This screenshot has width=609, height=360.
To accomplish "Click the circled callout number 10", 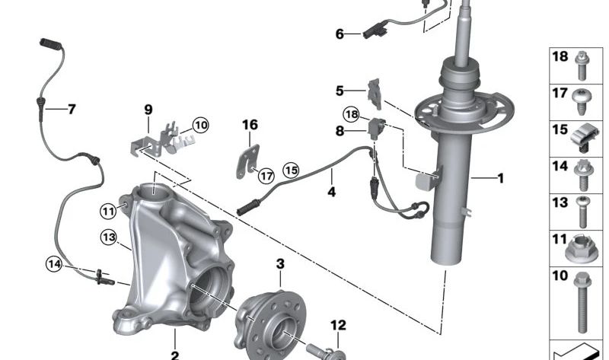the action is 200,126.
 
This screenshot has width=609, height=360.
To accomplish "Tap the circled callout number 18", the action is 351,115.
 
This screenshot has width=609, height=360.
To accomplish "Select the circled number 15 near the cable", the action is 291,170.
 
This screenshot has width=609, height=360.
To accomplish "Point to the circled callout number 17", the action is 266,176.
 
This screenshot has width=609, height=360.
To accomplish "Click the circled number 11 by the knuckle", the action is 108,212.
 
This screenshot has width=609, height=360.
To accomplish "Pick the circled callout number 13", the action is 108,237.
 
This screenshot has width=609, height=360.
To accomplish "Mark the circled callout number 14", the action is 53,264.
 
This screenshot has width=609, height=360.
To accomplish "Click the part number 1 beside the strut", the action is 501,178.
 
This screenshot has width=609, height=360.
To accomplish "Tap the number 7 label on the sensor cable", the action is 72,109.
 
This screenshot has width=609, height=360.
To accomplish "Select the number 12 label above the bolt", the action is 338,326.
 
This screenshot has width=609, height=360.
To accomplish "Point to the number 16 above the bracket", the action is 250,125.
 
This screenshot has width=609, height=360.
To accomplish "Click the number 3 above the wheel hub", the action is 280,264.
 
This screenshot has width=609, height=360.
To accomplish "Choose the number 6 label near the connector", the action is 340,34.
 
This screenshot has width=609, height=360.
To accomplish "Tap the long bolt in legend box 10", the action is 582,303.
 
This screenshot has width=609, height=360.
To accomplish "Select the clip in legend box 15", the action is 585,137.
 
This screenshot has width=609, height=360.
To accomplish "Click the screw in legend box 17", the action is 582,102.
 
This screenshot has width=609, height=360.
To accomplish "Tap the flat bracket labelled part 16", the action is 248,161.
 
